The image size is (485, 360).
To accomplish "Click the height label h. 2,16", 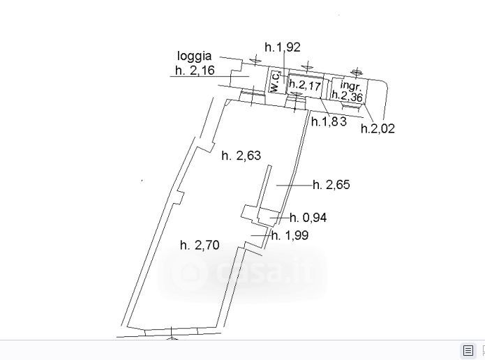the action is [x=195, y=70].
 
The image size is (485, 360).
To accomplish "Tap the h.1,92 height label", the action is [x=283, y=47].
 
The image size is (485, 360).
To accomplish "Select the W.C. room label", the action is [x=275, y=82].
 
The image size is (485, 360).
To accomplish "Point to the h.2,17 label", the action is [x=305, y=84].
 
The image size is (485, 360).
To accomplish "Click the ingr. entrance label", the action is [x=351, y=84].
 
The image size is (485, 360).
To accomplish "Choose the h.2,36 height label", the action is [x=347, y=96].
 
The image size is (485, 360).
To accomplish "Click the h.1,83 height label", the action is [x=329, y=121].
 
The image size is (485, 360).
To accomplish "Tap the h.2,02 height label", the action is [x=378, y=128].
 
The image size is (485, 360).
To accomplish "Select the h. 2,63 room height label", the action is [x=241, y=156].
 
